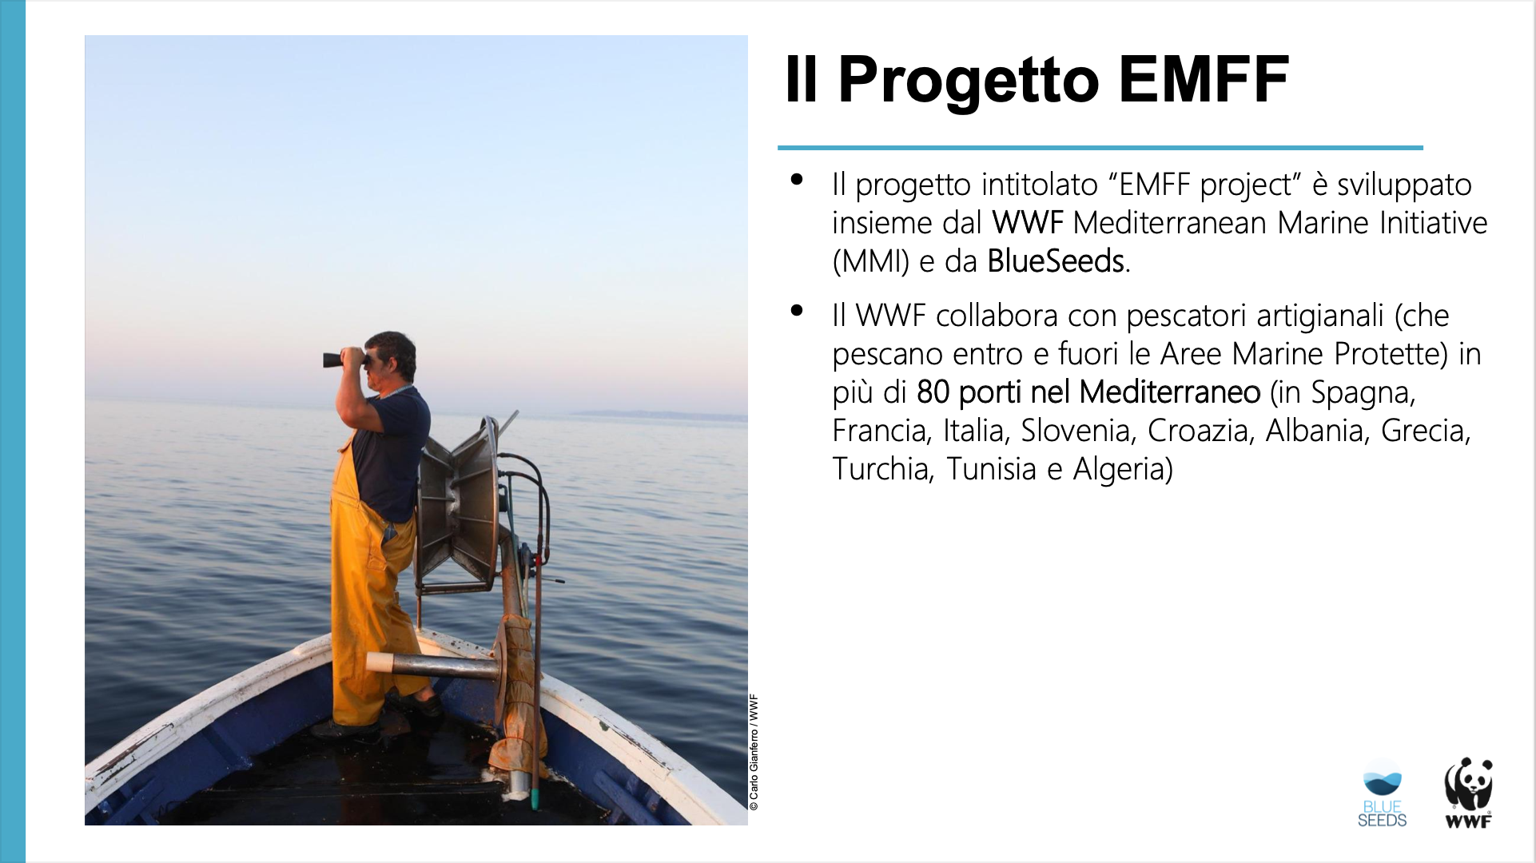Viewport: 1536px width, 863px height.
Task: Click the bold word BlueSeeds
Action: point(1056,261)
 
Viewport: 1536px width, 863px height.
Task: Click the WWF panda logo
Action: point(1468,793)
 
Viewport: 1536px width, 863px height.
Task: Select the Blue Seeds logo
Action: point(1382,794)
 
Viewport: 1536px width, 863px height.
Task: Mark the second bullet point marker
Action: point(796,311)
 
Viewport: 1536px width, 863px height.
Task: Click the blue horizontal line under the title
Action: point(1100,148)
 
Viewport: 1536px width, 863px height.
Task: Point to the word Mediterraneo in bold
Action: point(1169,392)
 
